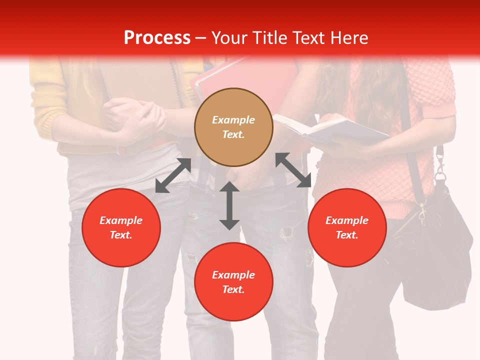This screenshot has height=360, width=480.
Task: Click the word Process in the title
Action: pyautogui.click(x=157, y=38)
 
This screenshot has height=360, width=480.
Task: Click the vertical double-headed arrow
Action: pyautogui.click(x=229, y=206)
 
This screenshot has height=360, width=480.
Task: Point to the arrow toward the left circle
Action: pyautogui.click(x=173, y=175)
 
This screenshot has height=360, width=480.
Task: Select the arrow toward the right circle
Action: pyautogui.click(x=293, y=170)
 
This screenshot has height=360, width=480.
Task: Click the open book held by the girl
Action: pyautogui.click(x=330, y=129)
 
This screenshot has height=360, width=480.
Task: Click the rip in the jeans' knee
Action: pyautogui.click(x=286, y=233)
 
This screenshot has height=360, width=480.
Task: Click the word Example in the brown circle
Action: pyautogui.click(x=233, y=120)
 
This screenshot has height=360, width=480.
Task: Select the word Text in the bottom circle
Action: pyautogui.click(x=233, y=289)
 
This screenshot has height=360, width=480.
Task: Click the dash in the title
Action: pyautogui.click(x=201, y=38)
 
